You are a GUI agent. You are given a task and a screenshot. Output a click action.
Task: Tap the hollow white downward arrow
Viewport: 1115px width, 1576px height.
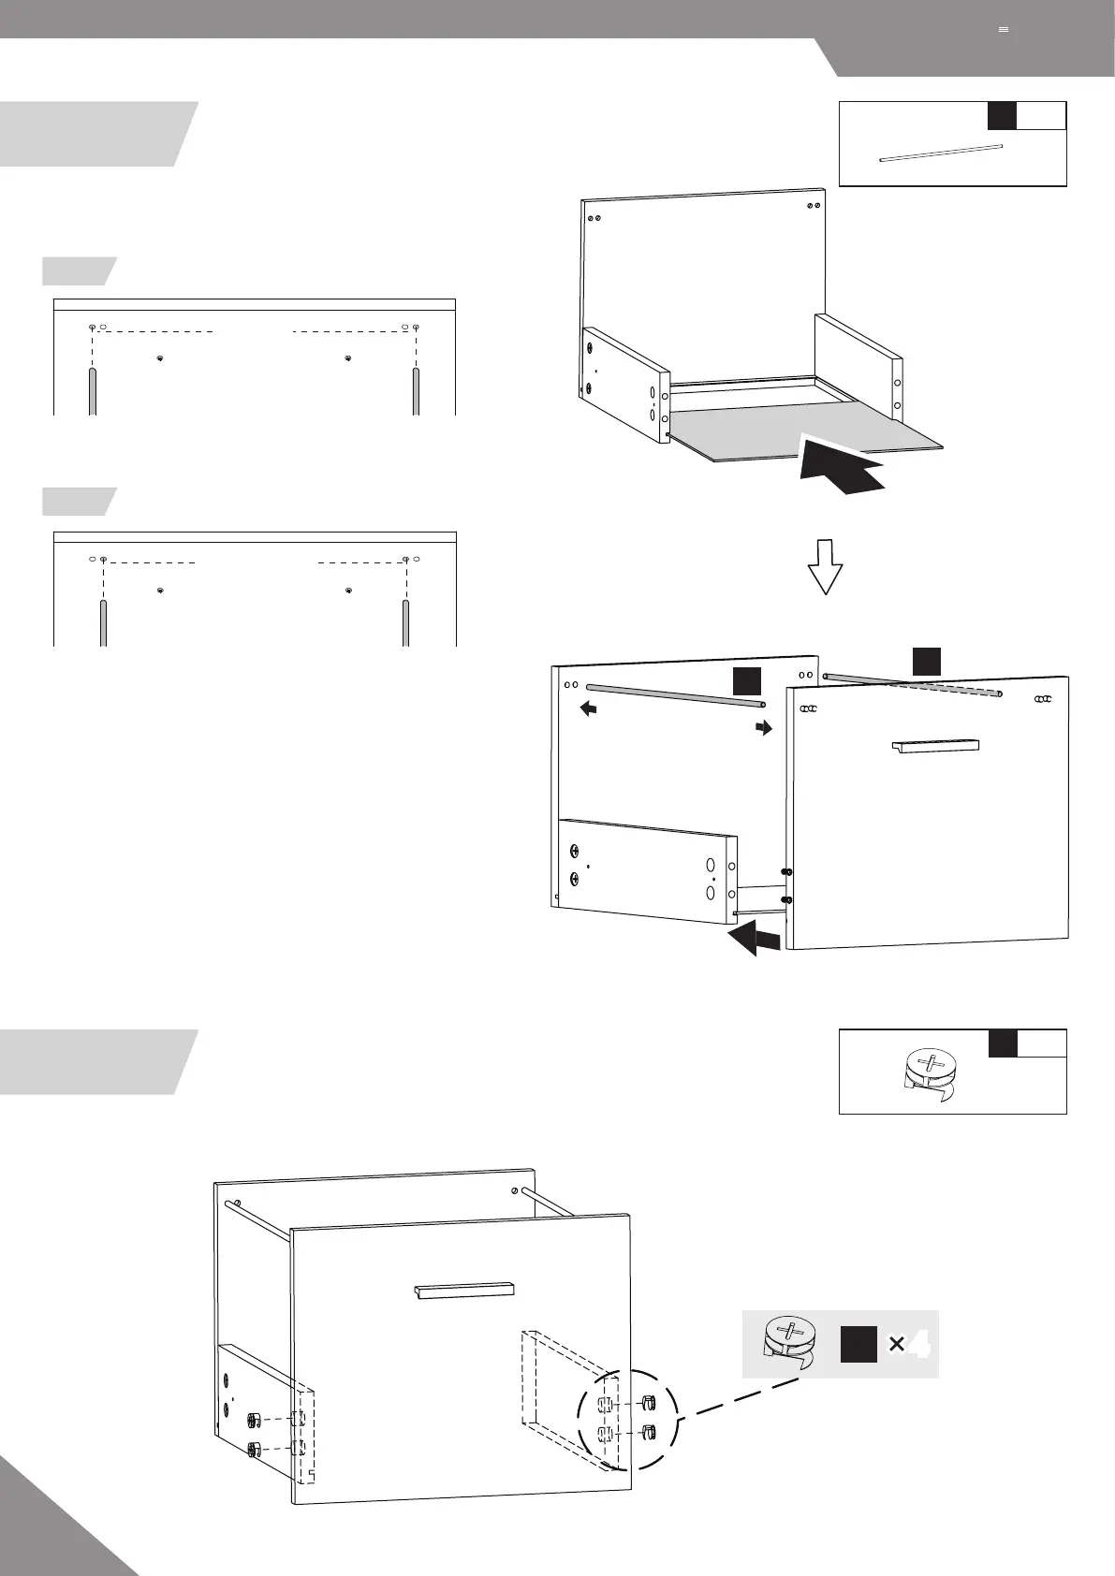tap(826, 565)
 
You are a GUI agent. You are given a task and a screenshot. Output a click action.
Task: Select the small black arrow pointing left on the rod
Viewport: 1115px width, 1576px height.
tap(589, 709)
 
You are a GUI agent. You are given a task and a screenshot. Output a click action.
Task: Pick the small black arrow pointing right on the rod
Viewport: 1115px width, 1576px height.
tap(765, 727)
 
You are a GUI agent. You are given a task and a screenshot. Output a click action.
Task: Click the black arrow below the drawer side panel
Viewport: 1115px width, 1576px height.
tap(755, 939)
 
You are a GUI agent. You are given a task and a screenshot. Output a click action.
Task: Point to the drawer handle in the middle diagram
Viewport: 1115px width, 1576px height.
tap(935, 746)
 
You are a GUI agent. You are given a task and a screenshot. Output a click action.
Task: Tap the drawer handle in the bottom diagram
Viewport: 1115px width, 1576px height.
tap(463, 1291)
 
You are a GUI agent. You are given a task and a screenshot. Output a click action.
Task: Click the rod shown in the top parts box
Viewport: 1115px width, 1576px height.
tap(940, 153)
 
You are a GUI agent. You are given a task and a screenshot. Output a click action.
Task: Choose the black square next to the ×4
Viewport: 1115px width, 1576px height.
tap(858, 1345)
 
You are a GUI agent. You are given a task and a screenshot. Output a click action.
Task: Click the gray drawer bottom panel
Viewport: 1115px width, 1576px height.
tap(805, 432)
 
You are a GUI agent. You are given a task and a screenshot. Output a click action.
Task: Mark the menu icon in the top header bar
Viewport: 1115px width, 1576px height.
tap(1004, 30)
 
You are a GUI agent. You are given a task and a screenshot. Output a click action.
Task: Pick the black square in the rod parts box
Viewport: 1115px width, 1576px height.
tap(1002, 115)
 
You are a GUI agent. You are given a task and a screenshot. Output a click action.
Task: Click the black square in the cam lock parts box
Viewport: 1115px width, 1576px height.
tap(1002, 1043)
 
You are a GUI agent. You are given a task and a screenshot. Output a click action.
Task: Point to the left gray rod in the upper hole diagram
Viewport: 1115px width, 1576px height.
tap(93, 391)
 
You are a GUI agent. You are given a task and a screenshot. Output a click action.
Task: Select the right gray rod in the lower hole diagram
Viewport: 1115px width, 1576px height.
tap(405, 622)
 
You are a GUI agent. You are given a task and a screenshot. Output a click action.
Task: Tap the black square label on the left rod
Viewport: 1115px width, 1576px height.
tap(746, 681)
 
